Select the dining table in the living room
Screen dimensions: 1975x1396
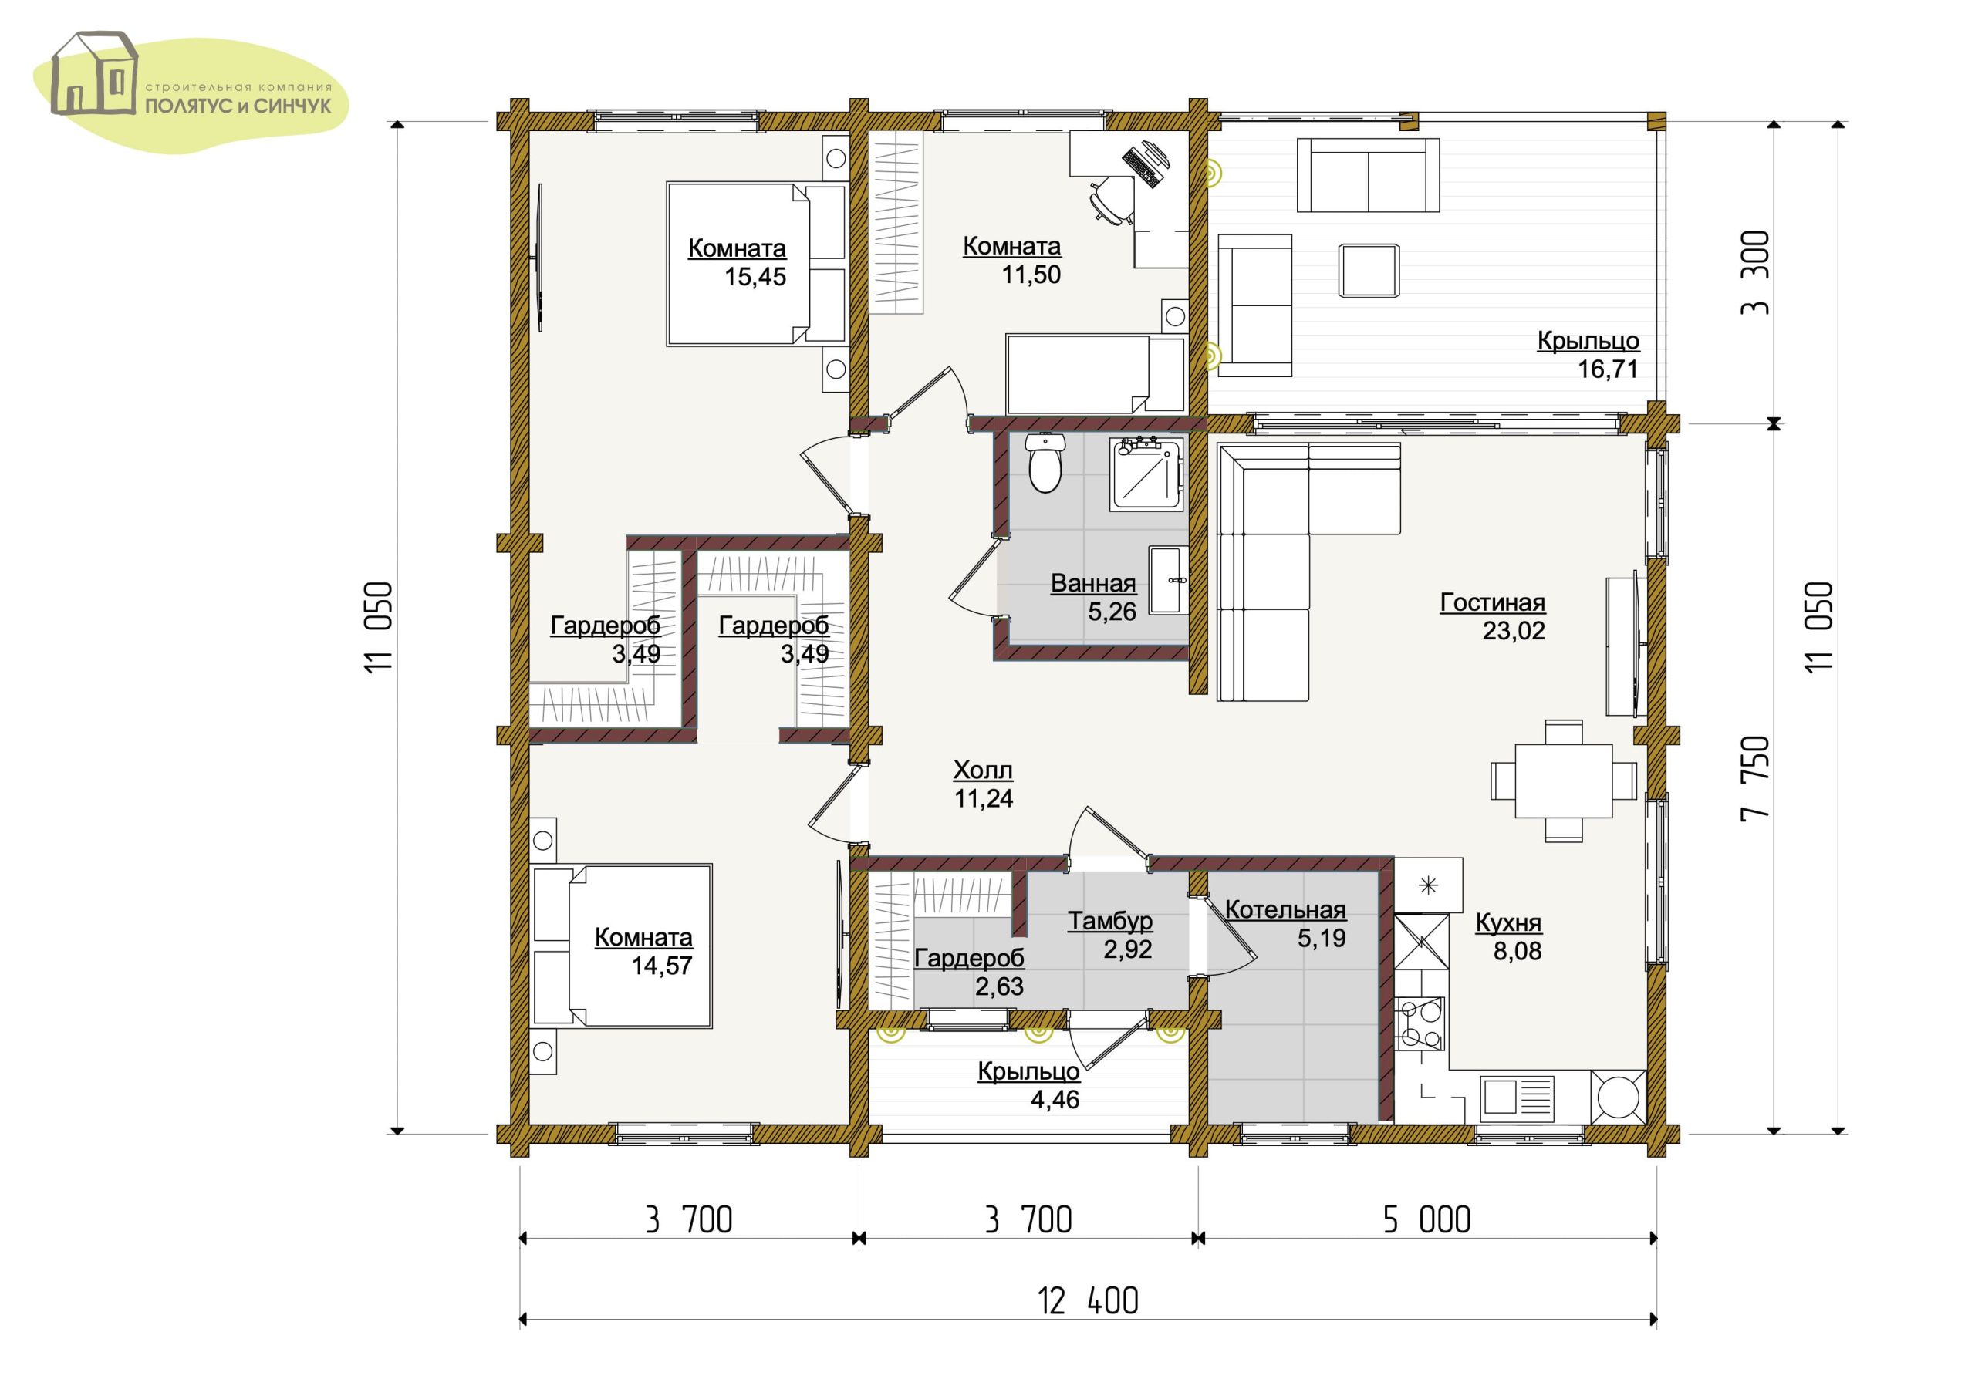(1563, 781)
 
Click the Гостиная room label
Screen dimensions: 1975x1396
(1492, 602)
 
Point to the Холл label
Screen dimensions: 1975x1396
(982, 769)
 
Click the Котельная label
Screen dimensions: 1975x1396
(1285, 910)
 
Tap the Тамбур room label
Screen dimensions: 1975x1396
(1109, 921)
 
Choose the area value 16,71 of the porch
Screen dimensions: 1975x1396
(1607, 369)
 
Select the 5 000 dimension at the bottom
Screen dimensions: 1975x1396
(1427, 1219)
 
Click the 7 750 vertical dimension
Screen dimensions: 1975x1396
(1755, 778)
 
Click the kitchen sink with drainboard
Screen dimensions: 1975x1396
(1517, 1096)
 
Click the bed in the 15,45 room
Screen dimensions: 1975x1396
(756, 263)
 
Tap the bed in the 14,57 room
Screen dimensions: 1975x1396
(622, 946)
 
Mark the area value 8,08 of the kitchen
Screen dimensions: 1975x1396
(1517, 951)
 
